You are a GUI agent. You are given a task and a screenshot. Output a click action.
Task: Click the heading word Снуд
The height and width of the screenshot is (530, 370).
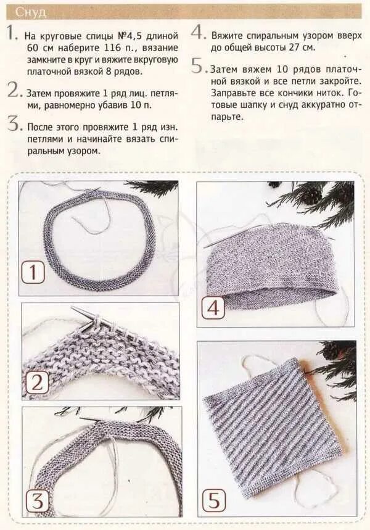[31, 12]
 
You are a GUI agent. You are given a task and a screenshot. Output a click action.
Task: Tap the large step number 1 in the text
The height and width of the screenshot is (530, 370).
[12, 33]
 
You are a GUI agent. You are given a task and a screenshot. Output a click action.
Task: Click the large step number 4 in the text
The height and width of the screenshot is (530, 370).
[198, 33]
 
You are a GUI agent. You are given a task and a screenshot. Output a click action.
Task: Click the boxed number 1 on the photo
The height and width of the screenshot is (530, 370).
[33, 273]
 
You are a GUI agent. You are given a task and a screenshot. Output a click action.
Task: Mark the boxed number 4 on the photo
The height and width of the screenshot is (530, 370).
[213, 308]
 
